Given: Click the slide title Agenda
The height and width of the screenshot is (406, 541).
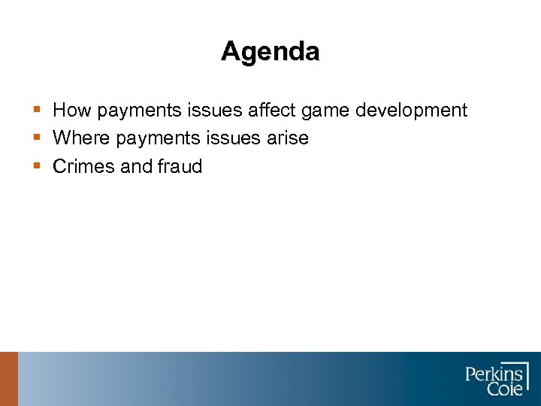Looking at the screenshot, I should tap(270, 52).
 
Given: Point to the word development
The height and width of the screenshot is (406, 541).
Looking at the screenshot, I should tap(411, 111).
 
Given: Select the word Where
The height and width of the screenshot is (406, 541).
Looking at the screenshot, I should tap(82, 138).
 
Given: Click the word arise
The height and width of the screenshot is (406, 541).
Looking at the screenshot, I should tap(286, 138).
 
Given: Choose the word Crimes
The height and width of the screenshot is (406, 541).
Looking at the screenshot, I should tap(84, 166).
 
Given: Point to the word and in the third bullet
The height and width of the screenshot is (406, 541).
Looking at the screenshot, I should tap(137, 166).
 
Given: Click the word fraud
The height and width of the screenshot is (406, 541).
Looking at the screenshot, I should tap(180, 166).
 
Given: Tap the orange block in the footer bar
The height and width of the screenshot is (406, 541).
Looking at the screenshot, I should tap(8, 379).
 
